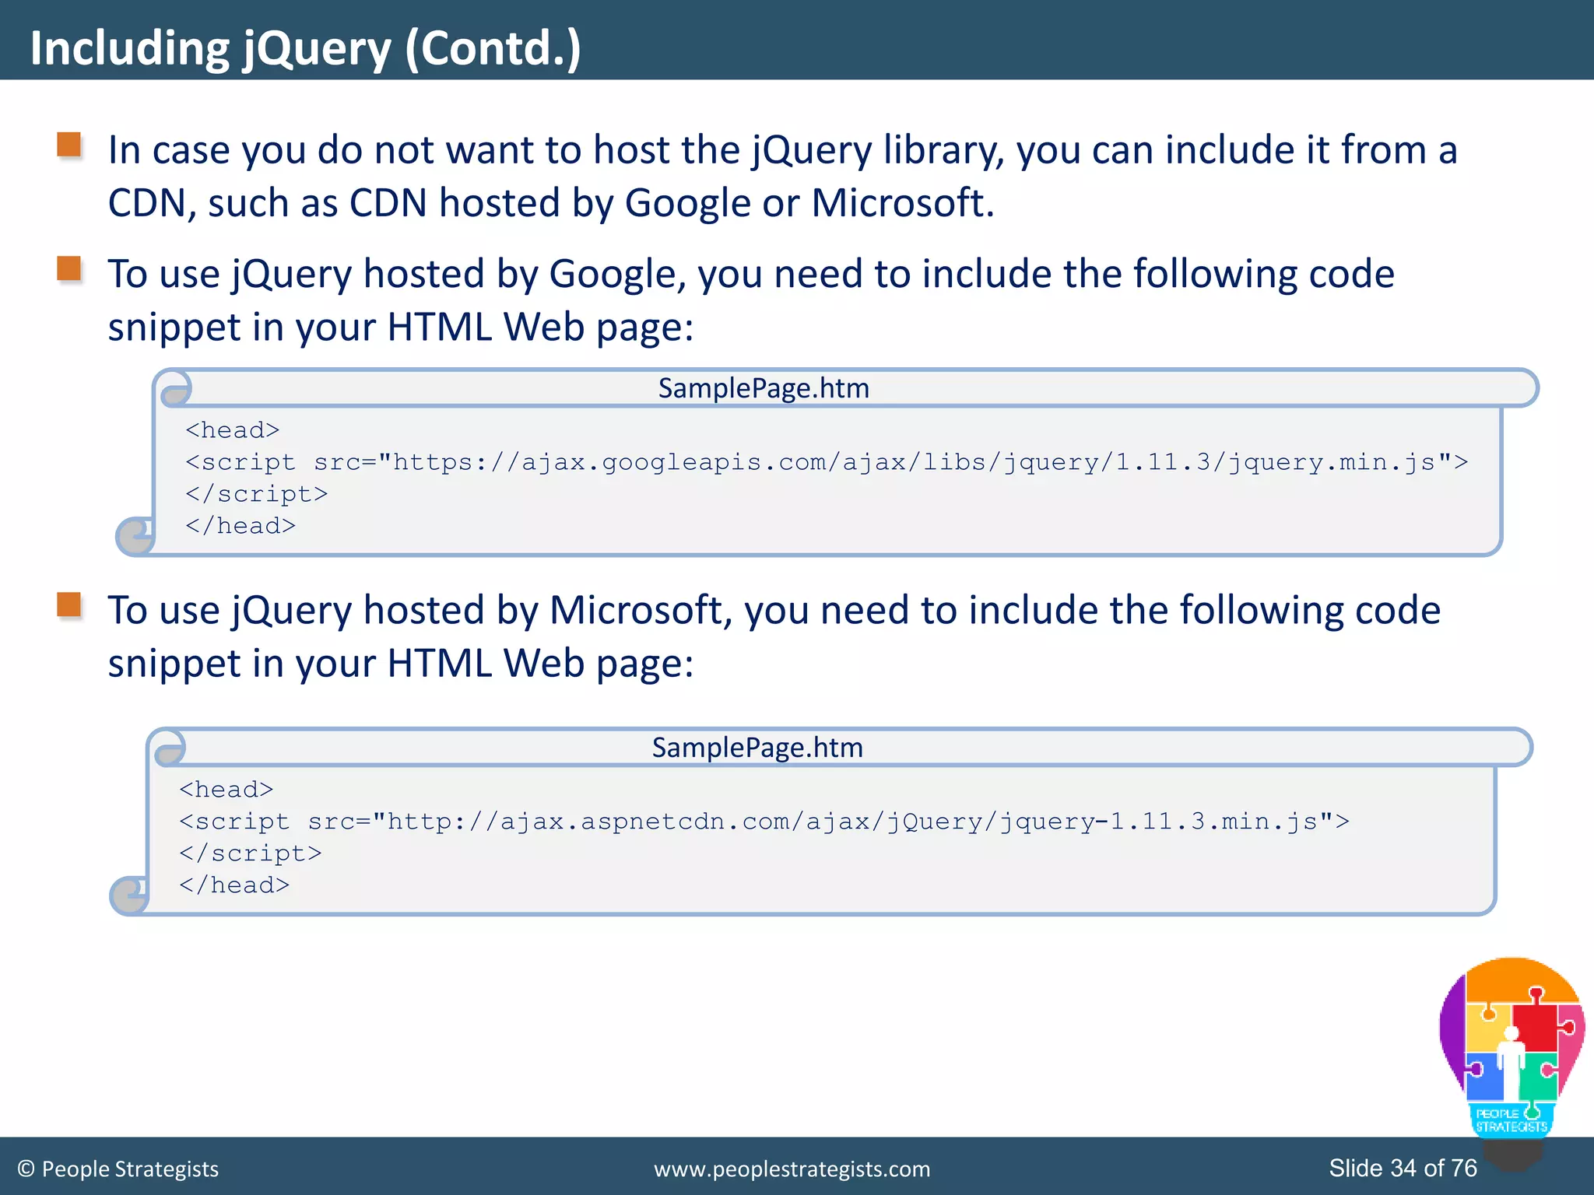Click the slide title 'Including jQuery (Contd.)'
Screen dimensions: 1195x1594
pos(305,48)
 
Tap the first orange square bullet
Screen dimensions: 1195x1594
pos(70,145)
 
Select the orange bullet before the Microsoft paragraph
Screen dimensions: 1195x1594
pos(70,605)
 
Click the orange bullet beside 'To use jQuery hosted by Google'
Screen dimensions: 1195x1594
pos(70,269)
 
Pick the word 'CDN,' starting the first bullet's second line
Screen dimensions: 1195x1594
pos(152,204)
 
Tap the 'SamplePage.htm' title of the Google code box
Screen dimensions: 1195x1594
pos(764,388)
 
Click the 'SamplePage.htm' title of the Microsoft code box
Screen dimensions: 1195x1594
pos(757,748)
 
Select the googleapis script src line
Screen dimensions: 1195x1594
pos(826,462)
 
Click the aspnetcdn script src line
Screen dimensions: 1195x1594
pos(764,822)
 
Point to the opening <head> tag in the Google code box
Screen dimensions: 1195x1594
pos(232,430)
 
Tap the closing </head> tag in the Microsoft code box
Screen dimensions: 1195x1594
pos(234,885)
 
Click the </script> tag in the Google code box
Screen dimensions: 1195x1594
pos(256,494)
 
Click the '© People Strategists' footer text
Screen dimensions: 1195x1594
pos(118,1169)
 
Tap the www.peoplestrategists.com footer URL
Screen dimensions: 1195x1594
pos(792,1169)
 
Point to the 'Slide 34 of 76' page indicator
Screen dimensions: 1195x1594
pos(1403,1168)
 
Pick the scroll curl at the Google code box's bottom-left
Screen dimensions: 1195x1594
pos(135,536)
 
